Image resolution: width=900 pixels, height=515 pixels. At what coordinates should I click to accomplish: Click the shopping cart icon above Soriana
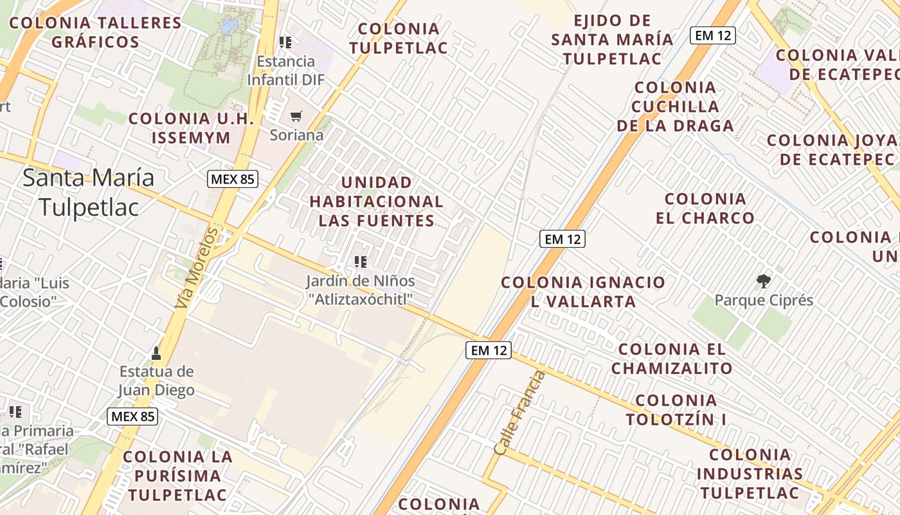coord(296,117)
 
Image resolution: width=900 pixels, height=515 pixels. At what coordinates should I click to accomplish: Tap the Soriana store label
coord(296,136)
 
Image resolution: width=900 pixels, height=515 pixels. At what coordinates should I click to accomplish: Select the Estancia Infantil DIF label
coord(286,71)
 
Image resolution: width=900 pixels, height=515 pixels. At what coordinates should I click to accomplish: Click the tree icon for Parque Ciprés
coord(764,281)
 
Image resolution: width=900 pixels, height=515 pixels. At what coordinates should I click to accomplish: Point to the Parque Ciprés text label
coord(764,301)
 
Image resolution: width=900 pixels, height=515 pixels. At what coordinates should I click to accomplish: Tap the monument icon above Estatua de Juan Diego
coord(156,353)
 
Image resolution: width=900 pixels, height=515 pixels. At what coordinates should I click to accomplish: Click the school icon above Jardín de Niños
coord(361,261)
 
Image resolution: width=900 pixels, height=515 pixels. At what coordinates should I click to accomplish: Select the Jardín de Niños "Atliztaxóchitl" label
coord(360,290)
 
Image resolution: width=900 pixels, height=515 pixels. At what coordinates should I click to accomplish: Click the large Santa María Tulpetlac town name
coord(89,192)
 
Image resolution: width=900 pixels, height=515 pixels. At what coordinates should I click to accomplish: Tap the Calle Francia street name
coord(519,413)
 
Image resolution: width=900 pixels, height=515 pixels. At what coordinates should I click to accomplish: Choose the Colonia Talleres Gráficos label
coord(95,32)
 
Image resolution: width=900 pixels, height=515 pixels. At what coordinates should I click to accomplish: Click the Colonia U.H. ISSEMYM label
coord(192,128)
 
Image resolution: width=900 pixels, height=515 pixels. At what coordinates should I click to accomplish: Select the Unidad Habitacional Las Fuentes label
coord(377,201)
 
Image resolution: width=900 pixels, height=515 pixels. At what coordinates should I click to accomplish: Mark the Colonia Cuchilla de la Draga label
coord(675,106)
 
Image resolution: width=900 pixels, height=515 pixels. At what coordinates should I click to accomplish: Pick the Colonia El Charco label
coord(705,208)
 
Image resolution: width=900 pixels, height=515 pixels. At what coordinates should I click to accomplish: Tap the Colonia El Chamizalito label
coord(672,359)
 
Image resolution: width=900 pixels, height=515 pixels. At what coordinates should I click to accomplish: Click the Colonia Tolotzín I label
coord(676,409)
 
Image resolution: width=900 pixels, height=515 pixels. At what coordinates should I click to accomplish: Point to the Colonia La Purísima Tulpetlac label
coord(177,476)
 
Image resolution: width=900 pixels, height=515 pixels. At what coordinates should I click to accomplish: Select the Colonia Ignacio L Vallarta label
coord(583,292)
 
